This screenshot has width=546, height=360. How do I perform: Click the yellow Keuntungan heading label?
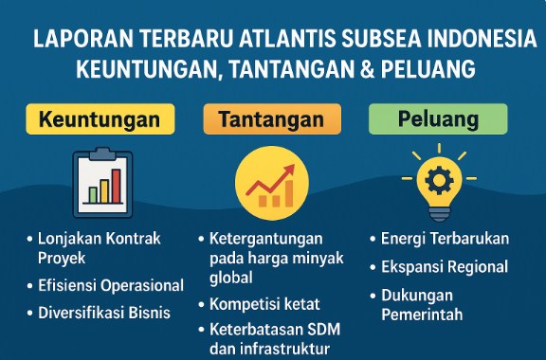[100, 120]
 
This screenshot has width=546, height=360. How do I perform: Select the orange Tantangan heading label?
[270, 120]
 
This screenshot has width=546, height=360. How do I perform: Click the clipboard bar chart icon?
[101, 180]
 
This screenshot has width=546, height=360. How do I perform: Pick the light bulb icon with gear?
[439, 180]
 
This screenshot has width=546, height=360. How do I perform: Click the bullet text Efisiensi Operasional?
[111, 285]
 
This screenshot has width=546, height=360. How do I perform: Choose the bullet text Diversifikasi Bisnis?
[104, 312]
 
